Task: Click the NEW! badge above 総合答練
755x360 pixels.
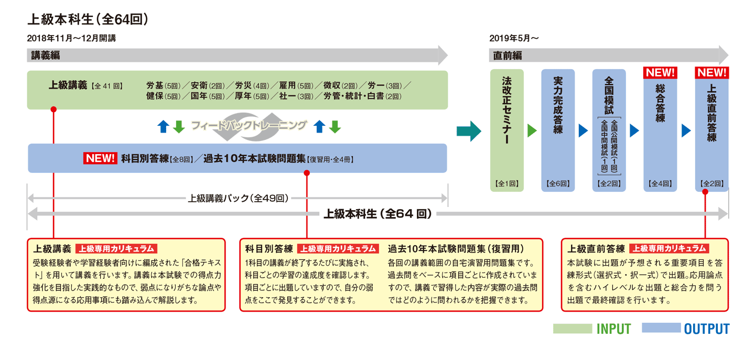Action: (660, 72)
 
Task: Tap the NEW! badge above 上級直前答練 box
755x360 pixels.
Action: (711, 72)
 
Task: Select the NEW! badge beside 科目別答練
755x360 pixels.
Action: (100, 158)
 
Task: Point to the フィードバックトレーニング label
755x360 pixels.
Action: (248, 126)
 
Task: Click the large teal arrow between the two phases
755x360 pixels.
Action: (468, 131)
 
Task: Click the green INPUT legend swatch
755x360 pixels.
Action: (572, 329)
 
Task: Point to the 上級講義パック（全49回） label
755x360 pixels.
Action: (238, 199)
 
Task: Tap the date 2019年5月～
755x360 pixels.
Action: (514, 38)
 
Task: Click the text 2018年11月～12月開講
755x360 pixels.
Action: (71, 38)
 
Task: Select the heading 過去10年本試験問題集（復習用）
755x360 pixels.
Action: (456, 248)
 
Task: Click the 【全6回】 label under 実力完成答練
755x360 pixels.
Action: (558, 184)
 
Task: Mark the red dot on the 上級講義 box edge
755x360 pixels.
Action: (53, 110)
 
